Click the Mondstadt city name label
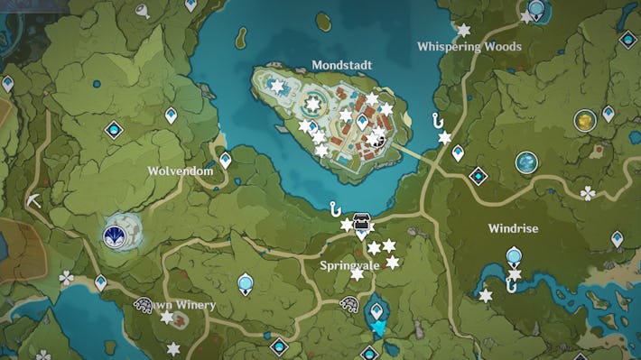point(341,65)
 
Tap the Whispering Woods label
point(469,46)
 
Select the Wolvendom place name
point(181,170)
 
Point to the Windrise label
point(513,228)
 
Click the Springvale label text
point(348,265)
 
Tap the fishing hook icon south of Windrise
point(512,286)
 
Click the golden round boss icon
point(584,119)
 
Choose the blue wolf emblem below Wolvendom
point(116,236)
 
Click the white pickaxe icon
point(34,200)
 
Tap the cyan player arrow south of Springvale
point(379,328)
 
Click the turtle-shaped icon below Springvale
point(348,305)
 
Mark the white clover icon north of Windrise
point(588,192)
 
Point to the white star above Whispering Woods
point(463,30)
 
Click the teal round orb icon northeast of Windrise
point(526,162)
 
